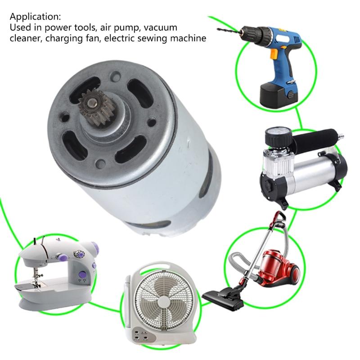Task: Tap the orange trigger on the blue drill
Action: (273, 56)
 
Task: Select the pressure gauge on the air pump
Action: (275, 135)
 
